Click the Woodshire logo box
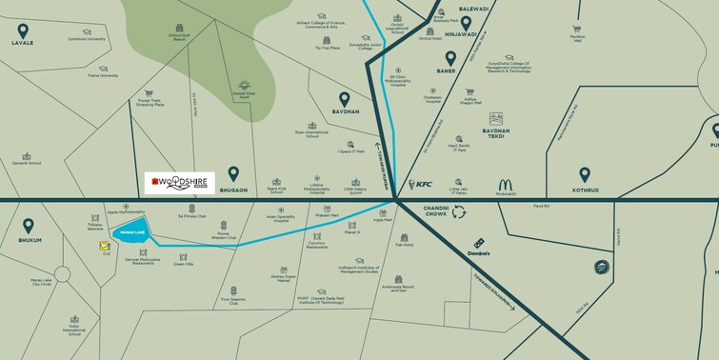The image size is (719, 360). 179,180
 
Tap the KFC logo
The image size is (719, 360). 420,184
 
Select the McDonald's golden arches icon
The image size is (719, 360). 506,185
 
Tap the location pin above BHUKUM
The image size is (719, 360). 30,227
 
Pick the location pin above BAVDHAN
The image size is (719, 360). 346,98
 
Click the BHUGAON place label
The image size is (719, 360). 233,190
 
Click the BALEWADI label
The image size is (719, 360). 473,8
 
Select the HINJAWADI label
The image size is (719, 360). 460,34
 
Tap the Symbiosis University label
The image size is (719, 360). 85,40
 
